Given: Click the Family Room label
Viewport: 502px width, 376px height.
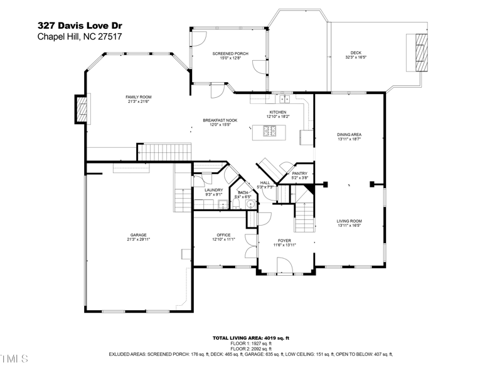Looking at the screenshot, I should point(139,97).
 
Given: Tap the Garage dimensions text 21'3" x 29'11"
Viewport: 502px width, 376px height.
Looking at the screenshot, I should point(139,239).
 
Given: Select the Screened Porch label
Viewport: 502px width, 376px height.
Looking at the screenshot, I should point(230,54).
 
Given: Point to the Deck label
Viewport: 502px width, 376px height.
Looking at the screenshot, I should point(356,53).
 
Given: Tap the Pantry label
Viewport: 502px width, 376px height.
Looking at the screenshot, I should point(300,174).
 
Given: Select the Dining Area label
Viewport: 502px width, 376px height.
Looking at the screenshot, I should point(350,135).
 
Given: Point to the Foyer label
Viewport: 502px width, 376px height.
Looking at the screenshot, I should point(284,241).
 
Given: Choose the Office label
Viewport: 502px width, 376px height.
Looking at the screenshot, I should point(224,235).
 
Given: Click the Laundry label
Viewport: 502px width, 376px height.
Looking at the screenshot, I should point(213,190).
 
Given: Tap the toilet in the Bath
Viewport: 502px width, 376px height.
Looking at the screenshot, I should point(250,204).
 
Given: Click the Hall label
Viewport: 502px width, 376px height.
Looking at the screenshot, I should point(265,182).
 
